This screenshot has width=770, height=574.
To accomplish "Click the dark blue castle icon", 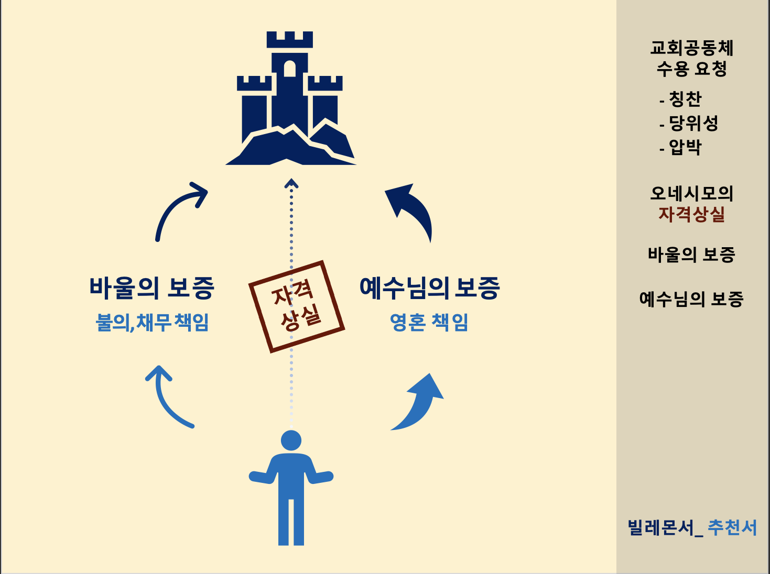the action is click(290, 105).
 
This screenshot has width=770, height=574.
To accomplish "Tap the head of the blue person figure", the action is click(291, 440).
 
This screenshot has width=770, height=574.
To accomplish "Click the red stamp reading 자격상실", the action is click(296, 306).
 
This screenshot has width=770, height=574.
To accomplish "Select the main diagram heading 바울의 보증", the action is click(151, 288).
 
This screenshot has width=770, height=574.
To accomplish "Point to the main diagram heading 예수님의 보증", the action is click(429, 288).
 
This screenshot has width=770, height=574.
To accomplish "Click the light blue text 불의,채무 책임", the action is click(152, 322).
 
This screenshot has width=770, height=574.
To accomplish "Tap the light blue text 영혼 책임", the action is click(429, 322).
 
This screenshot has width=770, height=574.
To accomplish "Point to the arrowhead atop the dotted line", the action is click(291, 183).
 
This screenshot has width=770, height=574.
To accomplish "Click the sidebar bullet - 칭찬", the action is click(681, 99).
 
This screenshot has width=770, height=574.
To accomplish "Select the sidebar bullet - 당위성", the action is click(689, 123).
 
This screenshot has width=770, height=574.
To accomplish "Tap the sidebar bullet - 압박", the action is click(681, 147).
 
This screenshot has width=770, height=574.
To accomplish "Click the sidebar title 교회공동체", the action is click(691, 48).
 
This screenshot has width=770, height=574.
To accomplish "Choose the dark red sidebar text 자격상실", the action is click(691, 214).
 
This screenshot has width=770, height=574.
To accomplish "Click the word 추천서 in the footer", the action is click(732, 527).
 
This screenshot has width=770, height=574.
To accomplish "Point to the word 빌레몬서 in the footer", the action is click(661, 527).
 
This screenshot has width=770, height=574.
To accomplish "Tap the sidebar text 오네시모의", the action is click(691, 193).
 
